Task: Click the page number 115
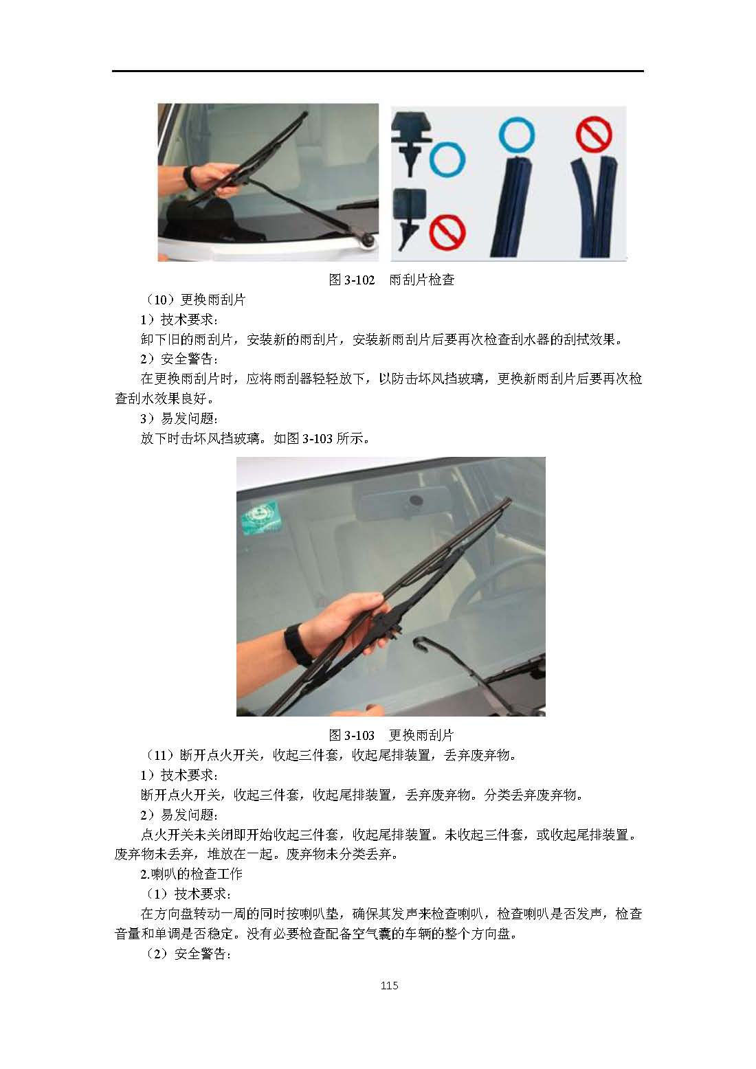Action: coord(390,985)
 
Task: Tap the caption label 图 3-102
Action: coord(352,280)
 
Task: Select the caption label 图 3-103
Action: coord(352,735)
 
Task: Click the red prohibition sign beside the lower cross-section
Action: coord(447,232)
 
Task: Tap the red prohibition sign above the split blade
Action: coord(594,134)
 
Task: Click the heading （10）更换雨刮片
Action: coord(194,300)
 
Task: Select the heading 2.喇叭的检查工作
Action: coord(191,874)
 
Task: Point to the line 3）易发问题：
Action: coord(179,418)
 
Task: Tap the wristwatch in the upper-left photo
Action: coord(190,178)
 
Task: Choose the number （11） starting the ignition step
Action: coord(160,755)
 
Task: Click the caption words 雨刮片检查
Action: coord(422,280)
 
